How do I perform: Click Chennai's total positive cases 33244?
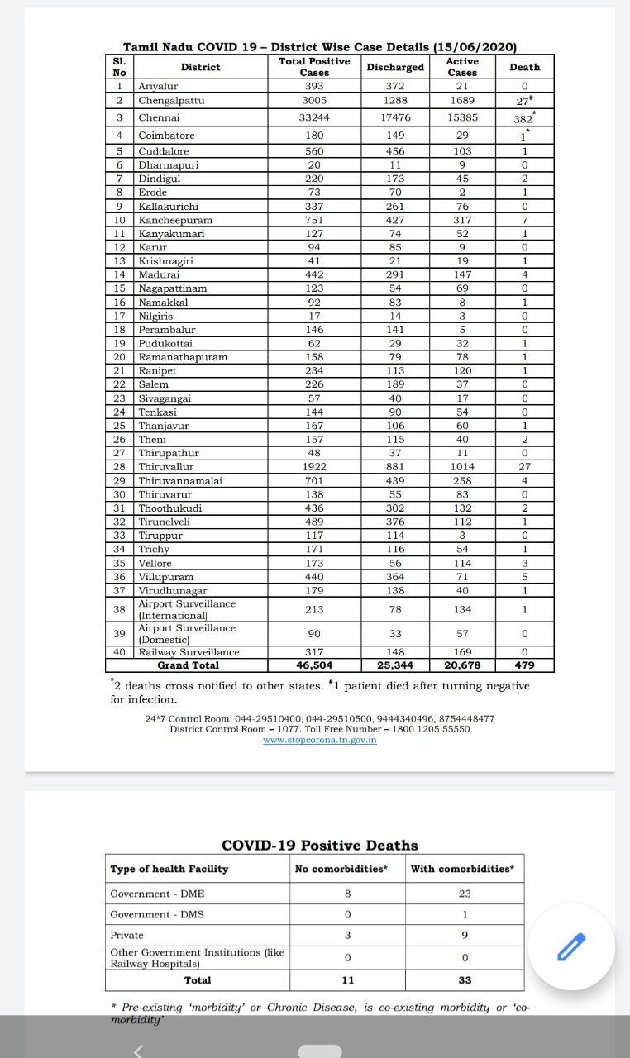click(314, 117)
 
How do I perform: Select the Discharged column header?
click(395, 67)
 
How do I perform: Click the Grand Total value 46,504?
click(314, 665)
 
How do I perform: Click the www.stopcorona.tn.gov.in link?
click(319, 740)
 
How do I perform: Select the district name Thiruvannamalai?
click(180, 480)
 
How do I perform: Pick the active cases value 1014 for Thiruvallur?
click(462, 467)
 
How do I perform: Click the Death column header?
click(524, 67)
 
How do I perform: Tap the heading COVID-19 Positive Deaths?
click(319, 846)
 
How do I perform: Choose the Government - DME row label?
click(157, 894)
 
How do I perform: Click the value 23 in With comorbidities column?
click(465, 894)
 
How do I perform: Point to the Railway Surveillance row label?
click(189, 652)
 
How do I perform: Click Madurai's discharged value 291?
click(395, 274)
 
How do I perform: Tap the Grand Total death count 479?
click(524, 665)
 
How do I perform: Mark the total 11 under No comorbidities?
click(347, 980)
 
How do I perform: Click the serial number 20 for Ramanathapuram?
click(120, 357)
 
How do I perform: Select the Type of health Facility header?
click(169, 869)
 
